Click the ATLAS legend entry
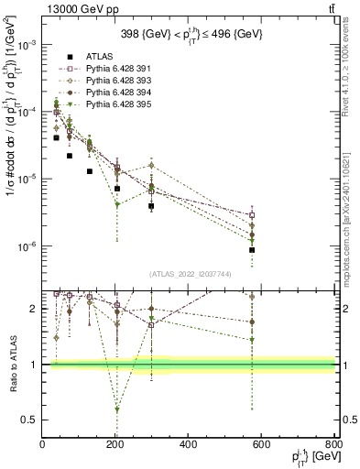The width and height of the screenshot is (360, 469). [86, 57]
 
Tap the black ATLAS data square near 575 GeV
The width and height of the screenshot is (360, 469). [252, 250]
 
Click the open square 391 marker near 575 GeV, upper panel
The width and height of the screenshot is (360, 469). [252, 215]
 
